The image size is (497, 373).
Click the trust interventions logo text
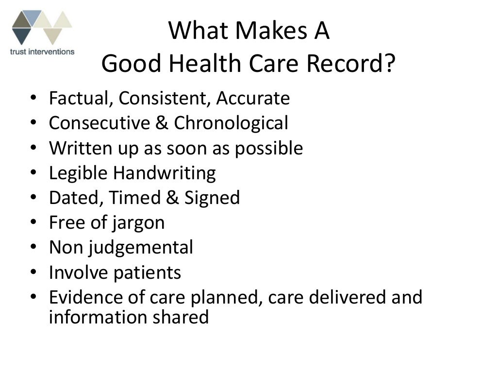tap(42, 51)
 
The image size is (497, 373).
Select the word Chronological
tap(231, 123)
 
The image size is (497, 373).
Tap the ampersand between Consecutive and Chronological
tap(162, 123)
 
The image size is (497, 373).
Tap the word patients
tap(147, 273)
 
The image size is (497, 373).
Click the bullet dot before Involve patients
tap(33, 273)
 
